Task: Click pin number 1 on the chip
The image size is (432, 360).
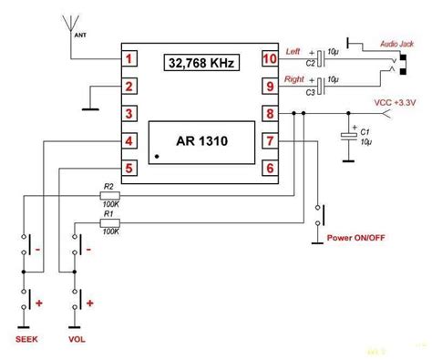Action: [x=131, y=60]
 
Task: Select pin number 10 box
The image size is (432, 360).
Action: [x=269, y=60]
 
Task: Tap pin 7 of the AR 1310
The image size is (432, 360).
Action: [x=269, y=141]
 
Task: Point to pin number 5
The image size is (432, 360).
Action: [x=131, y=168]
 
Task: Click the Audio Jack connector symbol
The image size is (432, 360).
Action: [x=398, y=66]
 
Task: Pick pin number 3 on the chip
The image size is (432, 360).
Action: [x=131, y=114]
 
